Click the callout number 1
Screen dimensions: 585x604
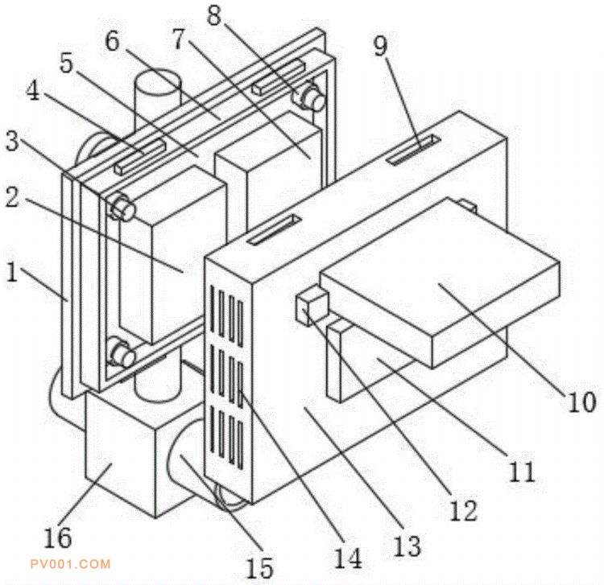click(x=11, y=271)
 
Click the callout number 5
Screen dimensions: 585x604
click(x=68, y=63)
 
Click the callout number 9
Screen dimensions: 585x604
click(x=379, y=46)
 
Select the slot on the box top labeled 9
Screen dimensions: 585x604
click(x=414, y=150)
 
